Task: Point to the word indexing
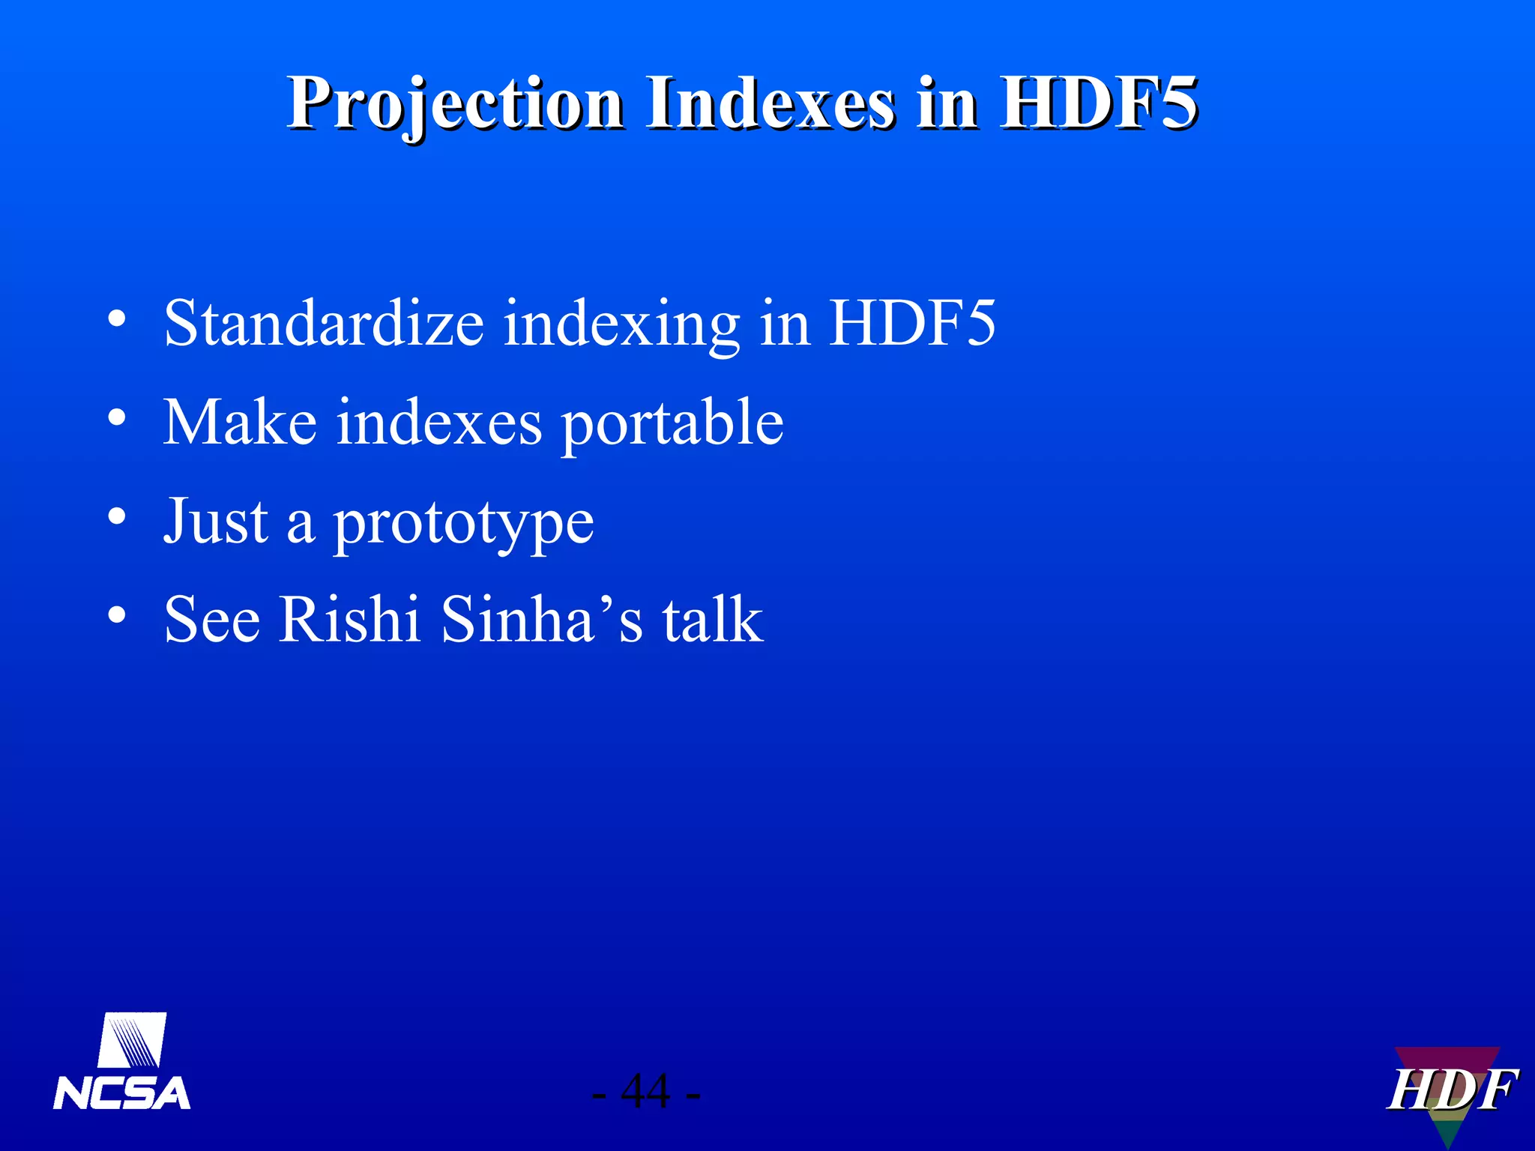point(621,324)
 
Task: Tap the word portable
point(672,423)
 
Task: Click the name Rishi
point(349,619)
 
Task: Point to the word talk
point(712,619)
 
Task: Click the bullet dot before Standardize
point(116,318)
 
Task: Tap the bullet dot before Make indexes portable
point(116,417)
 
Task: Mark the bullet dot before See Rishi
point(116,615)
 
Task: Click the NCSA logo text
point(121,1093)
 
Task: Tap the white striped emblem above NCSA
point(132,1040)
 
